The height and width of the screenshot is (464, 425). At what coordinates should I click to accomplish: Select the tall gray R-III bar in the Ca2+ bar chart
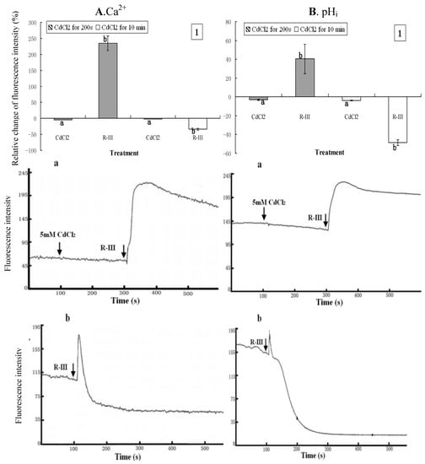pyautogui.click(x=108, y=80)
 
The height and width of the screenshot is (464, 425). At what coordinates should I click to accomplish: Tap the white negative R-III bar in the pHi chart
pyautogui.click(x=395, y=119)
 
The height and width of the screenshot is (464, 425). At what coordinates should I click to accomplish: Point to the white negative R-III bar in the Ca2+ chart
pyautogui.click(x=197, y=123)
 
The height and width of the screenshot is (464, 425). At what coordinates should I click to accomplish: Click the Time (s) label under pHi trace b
pyautogui.click(x=327, y=456)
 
